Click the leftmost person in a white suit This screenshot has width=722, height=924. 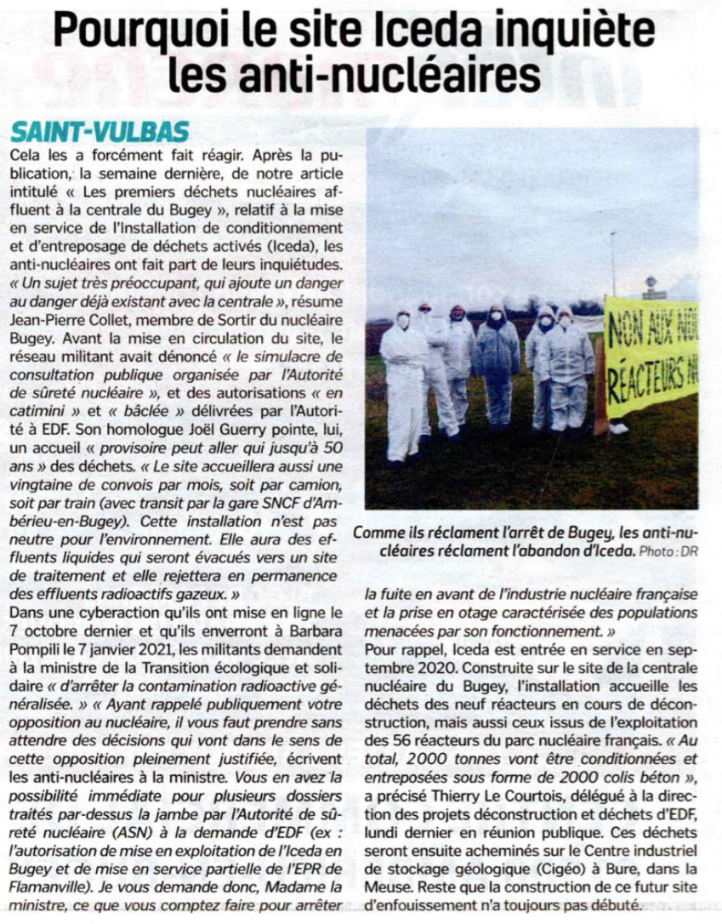(405, 383)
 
